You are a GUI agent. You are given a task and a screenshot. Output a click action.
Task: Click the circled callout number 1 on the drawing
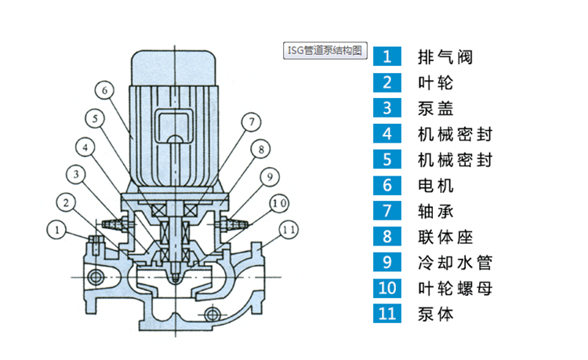[x=56, y=229]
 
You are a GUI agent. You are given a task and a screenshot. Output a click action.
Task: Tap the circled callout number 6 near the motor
[x=107, y=90]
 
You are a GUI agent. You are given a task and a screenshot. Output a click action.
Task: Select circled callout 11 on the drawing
[x=288, y=229]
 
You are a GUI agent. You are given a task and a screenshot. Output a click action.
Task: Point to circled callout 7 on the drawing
[x=250, y=122]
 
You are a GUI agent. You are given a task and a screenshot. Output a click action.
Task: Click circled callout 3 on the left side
[x=75, y=173]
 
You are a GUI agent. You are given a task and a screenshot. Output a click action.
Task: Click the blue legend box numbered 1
[x=387, y=56]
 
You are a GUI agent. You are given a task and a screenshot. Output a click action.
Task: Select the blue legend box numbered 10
[x=387, y=288]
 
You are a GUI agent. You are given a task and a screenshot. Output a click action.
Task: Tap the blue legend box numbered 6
[x=387, y=186]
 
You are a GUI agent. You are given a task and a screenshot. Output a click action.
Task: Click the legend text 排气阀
[x=446, y=56]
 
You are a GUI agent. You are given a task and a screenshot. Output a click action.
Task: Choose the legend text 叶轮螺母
[x=456, y=288]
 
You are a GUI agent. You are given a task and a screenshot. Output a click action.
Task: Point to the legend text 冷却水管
[x=456, y=262]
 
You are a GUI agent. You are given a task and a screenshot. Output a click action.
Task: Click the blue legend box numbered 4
[x=387, y=134]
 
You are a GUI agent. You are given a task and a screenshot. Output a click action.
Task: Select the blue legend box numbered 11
[x=387, y=314]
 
